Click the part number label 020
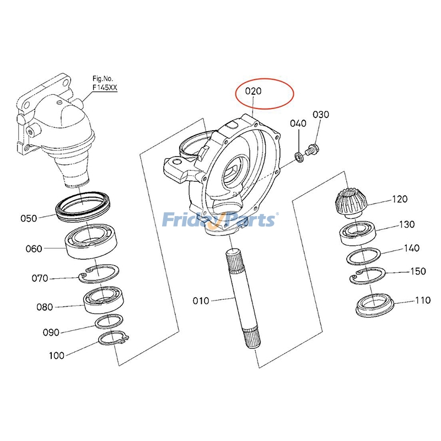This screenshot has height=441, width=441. click(253, 91)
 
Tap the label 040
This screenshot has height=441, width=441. click(298, 123)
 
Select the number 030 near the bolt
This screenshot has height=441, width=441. click(321, 115)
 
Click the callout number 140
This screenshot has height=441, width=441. click(411, 249)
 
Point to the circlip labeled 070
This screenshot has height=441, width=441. click(100, 274)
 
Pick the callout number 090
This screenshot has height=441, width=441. click(50, 332)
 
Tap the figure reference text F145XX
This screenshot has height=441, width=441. click(105, 87)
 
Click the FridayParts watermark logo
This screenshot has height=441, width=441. click(220, 220)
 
